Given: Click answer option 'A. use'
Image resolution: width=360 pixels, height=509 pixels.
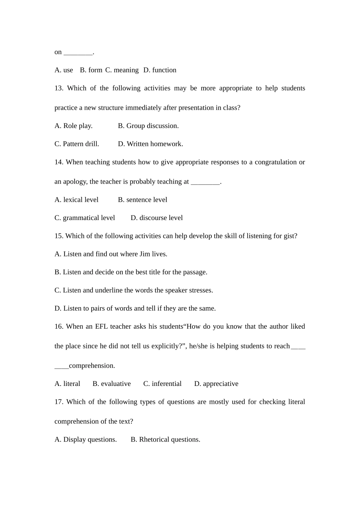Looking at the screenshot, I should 64,70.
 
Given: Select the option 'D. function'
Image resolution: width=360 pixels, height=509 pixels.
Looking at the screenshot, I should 160,70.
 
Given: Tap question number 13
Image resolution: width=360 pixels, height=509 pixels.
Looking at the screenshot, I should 59,88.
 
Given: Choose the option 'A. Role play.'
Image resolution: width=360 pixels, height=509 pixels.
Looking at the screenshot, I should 74,126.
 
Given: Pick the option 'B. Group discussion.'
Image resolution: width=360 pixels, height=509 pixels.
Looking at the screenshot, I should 148,126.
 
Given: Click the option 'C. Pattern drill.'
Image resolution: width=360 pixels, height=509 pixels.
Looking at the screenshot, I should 77,144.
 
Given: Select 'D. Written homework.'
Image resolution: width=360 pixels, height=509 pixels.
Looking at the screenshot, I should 150,144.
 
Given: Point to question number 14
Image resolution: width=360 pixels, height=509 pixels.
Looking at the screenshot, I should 59,162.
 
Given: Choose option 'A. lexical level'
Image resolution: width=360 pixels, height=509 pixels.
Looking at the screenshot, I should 76,200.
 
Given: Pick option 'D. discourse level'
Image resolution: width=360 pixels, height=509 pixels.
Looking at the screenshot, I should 157,218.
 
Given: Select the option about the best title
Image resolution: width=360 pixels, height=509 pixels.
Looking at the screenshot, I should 131,272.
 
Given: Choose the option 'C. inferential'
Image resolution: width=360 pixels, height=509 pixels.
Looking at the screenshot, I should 162,384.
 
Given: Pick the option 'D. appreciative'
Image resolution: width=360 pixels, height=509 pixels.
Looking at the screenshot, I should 216,384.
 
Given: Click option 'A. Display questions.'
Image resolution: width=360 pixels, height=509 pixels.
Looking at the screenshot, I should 86,440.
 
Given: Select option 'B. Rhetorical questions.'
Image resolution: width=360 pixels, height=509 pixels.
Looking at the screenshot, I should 165,440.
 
